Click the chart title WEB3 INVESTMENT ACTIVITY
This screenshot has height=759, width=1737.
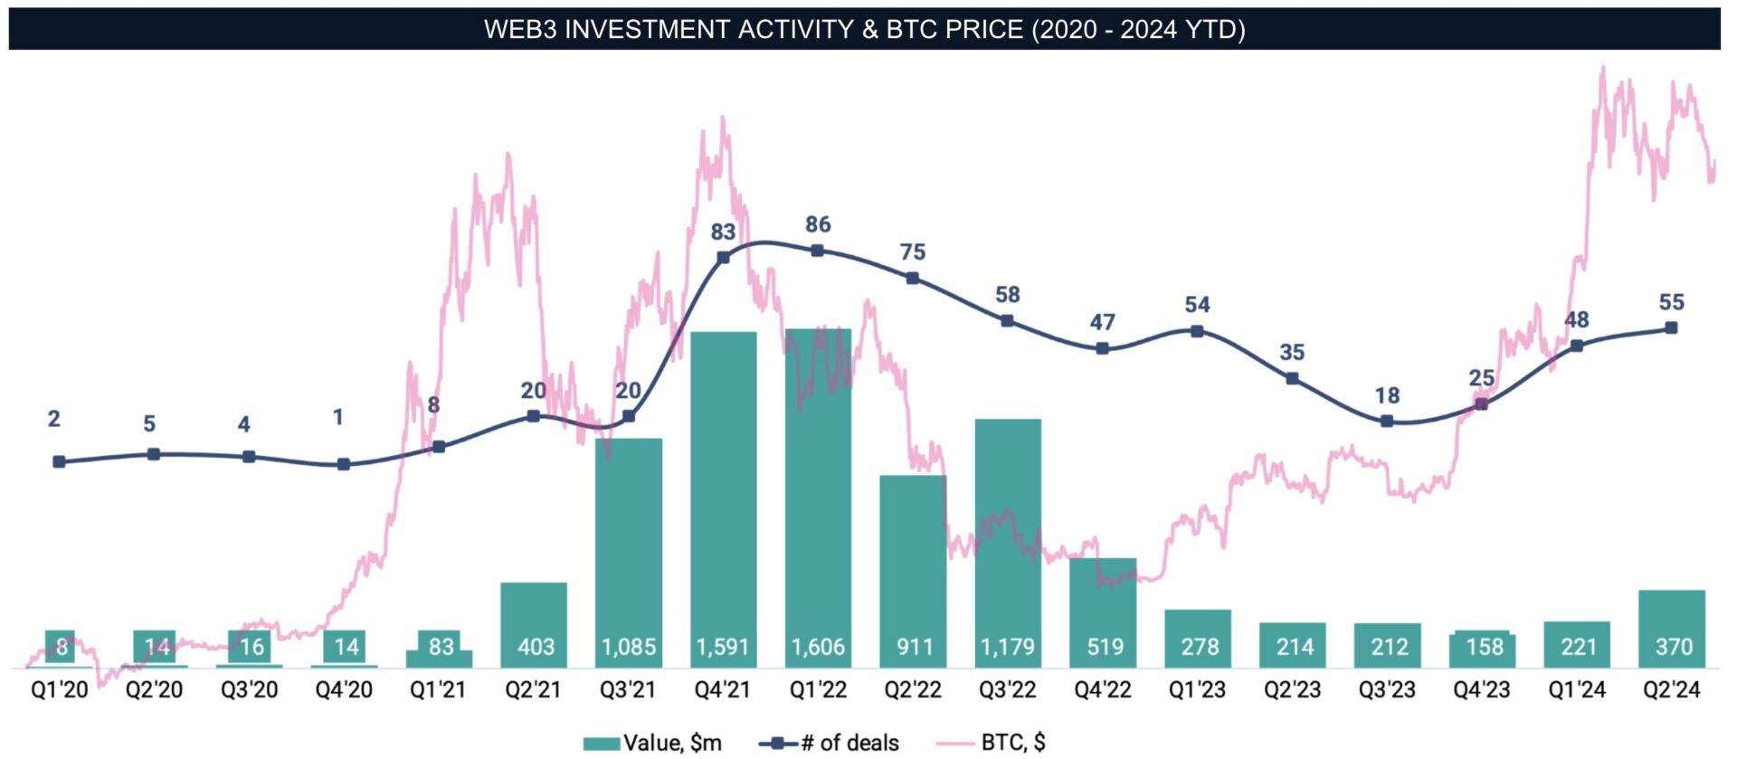click(864, 30)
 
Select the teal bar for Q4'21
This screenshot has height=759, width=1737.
click(723, 498)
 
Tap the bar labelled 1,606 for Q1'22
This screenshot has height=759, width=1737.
click(818, 498)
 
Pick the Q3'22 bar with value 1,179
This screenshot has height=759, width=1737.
click(1008, 543)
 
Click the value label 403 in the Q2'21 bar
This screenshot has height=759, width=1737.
click(536, 647)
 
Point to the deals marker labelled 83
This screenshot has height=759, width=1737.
click(723, 258)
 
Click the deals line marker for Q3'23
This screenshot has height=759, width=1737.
click(1387, 421)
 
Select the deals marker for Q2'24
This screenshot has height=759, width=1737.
click(1671, 327)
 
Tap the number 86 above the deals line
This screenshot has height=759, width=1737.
click(818, 224)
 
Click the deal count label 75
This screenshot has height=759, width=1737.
click(913, 251)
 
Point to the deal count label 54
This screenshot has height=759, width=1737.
click(1197, 305)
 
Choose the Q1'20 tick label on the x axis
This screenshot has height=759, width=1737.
click(60, 690)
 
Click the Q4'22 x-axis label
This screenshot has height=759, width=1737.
click(1103, 690)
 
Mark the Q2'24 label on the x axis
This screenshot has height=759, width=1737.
click(1671, 690)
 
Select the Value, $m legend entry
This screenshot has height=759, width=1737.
click(653, 743)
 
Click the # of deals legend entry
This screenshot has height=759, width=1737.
click(830, 743)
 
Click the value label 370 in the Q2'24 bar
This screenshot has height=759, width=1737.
click(1673, 647)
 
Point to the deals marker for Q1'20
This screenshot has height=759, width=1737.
click(60, 461)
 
